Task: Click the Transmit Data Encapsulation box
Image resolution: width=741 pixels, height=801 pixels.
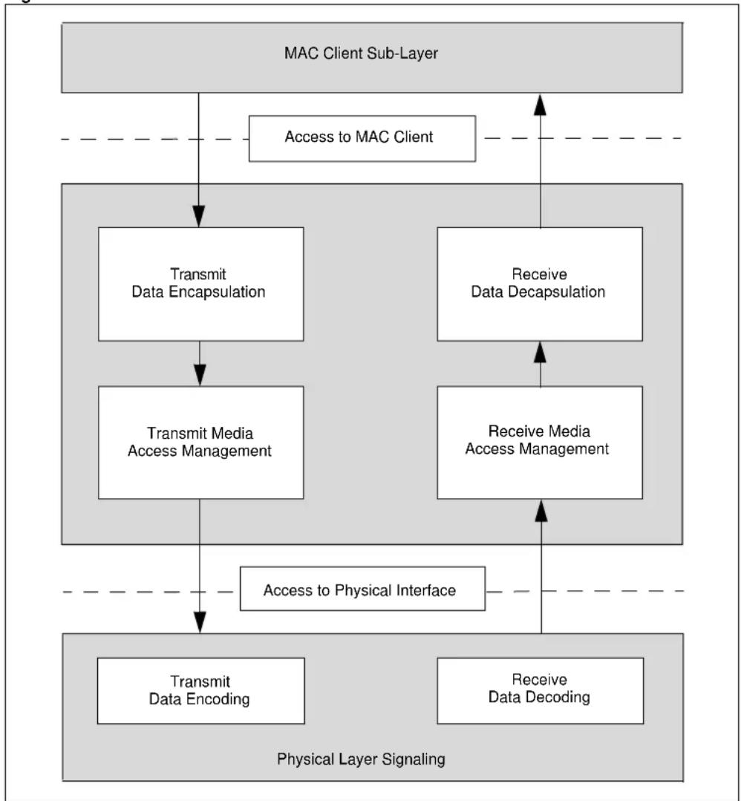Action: point(200,284)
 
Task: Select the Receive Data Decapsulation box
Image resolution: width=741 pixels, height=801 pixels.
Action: point(540,284)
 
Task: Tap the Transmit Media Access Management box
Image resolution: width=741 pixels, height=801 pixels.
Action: point(200,442)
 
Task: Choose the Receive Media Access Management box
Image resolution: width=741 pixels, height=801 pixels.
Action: point(540,442)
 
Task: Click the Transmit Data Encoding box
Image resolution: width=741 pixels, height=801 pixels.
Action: point(200,690)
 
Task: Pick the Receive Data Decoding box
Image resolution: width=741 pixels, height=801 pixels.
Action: point(541,690)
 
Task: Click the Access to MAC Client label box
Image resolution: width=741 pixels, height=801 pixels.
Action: point(362,138)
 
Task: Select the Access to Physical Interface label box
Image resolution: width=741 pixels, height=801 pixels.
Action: point(362,589)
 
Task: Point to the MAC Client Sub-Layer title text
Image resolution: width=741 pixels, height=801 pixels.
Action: point(362,53)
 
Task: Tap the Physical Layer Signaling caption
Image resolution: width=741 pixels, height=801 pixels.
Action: point(361,759)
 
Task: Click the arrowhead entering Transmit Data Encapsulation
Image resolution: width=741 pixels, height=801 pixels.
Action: point(199,217)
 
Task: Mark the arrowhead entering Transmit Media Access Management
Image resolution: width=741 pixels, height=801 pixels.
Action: point(200,375)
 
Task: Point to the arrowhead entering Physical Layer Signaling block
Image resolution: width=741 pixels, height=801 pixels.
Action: point(200,622)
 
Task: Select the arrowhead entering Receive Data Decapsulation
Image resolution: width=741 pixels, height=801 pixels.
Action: point(541,353)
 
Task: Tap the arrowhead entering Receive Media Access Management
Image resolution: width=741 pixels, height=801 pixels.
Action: point(541,511)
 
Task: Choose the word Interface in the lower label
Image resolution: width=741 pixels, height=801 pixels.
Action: point(425,590)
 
